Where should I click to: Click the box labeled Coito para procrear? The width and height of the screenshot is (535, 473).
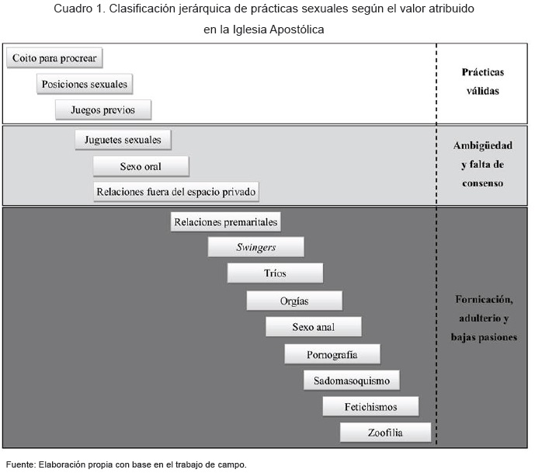54,58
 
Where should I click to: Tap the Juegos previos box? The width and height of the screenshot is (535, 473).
103,110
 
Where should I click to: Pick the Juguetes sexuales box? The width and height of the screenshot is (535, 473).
123,140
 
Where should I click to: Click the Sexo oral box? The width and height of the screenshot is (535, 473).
141,166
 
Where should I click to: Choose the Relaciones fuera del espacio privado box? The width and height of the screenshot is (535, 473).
175,191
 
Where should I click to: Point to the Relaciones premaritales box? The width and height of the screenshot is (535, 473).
225,222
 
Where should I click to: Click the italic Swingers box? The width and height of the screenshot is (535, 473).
255,247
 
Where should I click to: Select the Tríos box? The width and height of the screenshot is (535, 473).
275,273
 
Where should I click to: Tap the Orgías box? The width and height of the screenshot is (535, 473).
294,301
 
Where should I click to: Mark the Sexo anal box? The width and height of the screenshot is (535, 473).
313,327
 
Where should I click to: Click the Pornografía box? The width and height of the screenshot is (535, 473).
332,354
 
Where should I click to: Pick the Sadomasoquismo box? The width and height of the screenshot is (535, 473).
351,381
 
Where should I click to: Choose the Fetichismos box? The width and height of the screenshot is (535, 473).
370,406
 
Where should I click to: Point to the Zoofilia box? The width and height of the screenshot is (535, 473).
384,432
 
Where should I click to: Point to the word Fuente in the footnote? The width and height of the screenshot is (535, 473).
19,464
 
